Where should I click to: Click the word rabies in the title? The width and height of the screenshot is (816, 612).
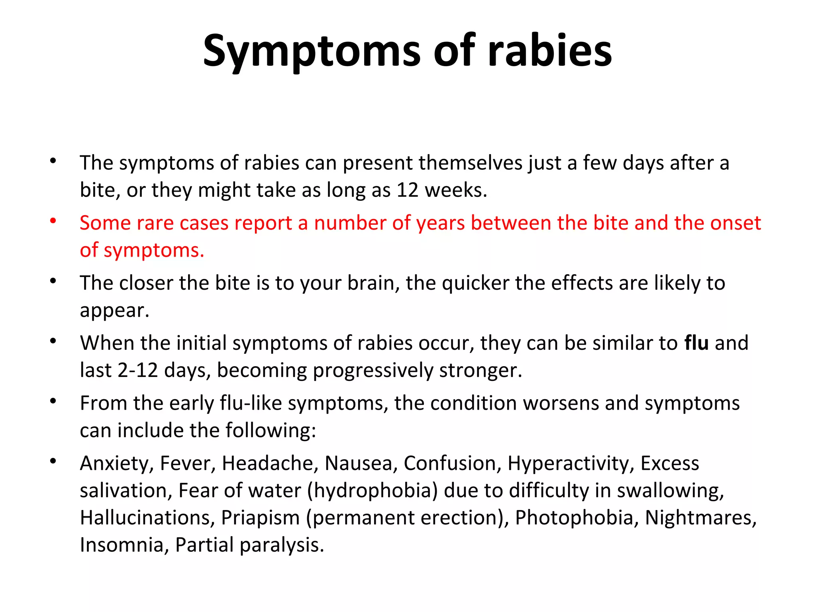(550, 51)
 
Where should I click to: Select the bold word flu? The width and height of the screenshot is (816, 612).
(696, 343)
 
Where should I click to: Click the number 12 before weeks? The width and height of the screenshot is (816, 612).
(407, 190)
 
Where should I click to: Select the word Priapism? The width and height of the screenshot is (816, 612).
(260, 518)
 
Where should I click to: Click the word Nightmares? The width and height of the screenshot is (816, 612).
(700, 518)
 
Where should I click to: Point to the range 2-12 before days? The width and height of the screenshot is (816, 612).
(138, 371)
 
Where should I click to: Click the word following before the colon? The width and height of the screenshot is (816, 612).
(270, 431)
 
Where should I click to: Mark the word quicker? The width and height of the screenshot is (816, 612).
(475, 283)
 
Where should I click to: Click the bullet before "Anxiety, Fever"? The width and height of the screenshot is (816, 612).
(53, 461)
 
